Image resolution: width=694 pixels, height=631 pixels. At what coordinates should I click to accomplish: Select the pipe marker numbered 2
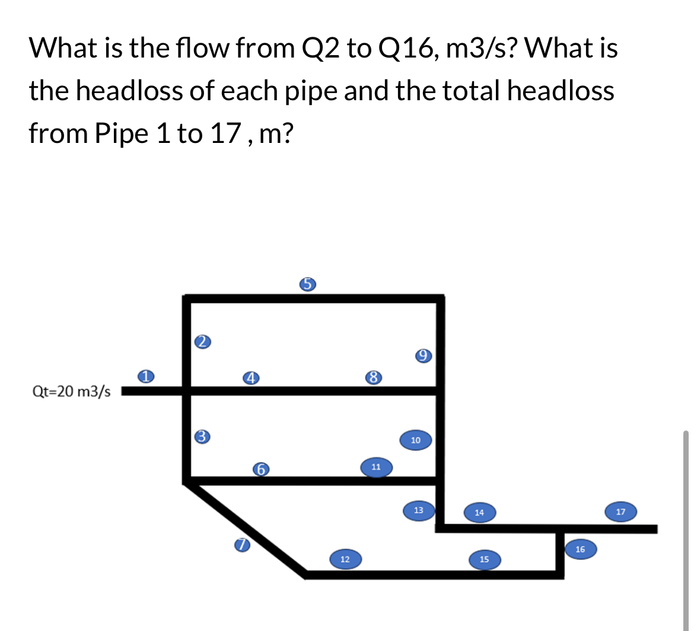203,341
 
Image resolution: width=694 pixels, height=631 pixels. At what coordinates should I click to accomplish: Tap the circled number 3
203,436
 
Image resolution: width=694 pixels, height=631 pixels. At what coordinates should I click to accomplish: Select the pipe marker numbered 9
423,356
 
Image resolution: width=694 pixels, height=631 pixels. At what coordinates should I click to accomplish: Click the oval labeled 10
415,440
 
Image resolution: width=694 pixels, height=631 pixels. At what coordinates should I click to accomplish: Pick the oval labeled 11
375,467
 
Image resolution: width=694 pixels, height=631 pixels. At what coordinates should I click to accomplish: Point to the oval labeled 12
345,559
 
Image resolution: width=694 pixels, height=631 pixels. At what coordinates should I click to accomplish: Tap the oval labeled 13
419,510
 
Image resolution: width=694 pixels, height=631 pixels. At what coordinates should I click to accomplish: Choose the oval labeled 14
480,512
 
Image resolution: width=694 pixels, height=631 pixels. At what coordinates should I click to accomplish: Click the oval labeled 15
484,559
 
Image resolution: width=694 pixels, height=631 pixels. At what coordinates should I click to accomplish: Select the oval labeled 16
580,550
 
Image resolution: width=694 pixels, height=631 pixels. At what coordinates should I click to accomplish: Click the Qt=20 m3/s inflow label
71,391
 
